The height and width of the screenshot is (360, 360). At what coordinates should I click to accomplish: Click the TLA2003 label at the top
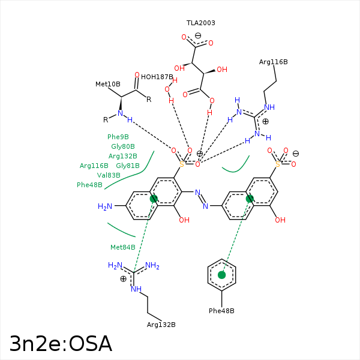point(200,23)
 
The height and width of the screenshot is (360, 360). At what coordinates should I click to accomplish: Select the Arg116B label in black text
point(273,62)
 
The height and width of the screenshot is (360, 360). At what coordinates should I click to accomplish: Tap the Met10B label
point(108,84)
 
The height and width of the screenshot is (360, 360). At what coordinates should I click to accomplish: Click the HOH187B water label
point(157,77)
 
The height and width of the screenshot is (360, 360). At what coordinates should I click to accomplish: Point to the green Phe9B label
point(118,137)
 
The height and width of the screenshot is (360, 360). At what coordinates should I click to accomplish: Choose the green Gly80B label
point(123,146)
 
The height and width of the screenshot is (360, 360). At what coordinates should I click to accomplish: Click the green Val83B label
point(109,175)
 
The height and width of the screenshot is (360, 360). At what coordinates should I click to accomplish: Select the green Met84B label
point(123,247)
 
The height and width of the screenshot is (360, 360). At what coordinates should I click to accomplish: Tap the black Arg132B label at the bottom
point(161,325)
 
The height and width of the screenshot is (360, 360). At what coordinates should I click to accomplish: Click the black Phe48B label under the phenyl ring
point(221,311)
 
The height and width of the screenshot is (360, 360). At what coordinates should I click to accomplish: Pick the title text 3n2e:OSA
point(61,344)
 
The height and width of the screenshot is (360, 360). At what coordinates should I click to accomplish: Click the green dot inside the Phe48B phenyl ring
point(222,275)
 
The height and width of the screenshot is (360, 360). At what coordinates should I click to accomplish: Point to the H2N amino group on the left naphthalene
point(105,206)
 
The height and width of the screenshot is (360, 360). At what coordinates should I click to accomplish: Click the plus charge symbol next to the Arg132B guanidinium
point(123,278)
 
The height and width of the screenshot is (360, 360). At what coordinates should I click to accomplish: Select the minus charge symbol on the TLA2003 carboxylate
point(198,35)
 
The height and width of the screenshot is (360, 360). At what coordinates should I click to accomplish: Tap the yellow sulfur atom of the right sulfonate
point(277,163)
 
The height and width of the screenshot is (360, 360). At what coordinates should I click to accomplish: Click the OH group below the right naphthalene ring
point(280,220)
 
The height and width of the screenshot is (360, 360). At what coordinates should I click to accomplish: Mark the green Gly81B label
point(128,166)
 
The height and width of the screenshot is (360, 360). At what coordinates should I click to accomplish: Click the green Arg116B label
point(94,166)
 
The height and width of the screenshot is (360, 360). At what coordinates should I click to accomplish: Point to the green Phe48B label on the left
point(89,185)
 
